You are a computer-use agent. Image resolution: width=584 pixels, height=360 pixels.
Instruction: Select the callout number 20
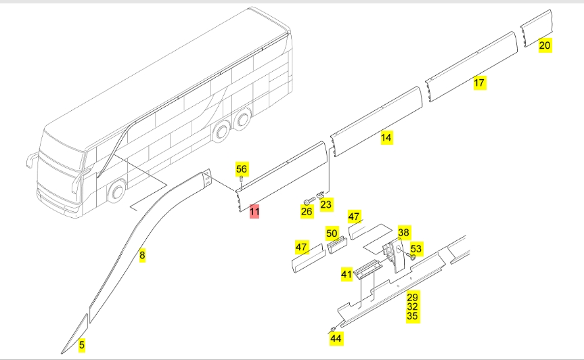545,45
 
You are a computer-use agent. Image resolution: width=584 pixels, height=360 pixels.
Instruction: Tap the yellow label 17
479,83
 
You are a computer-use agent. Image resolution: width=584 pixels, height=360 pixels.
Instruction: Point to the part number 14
386,137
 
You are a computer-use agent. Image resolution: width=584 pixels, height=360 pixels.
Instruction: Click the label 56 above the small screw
242,168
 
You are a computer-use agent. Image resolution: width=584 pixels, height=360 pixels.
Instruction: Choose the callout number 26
307,211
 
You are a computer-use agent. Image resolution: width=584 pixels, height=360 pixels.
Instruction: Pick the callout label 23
326,204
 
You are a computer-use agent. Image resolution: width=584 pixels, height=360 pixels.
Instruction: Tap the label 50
332,233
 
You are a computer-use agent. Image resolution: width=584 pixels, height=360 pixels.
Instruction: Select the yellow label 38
403,231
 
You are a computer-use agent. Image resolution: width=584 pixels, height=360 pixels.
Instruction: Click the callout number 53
415,249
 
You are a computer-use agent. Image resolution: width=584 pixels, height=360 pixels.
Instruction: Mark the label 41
346,274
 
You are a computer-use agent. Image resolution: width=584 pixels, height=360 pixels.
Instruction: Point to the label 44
336,337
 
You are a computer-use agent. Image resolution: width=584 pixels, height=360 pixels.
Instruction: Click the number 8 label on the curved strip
142,255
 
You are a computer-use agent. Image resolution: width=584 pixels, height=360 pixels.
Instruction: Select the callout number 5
81,344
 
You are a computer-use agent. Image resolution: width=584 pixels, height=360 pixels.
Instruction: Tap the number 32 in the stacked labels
412,306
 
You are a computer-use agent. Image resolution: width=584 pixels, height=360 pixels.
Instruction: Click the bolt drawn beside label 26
308,200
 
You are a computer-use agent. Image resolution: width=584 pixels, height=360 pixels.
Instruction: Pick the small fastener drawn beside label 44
333,328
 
